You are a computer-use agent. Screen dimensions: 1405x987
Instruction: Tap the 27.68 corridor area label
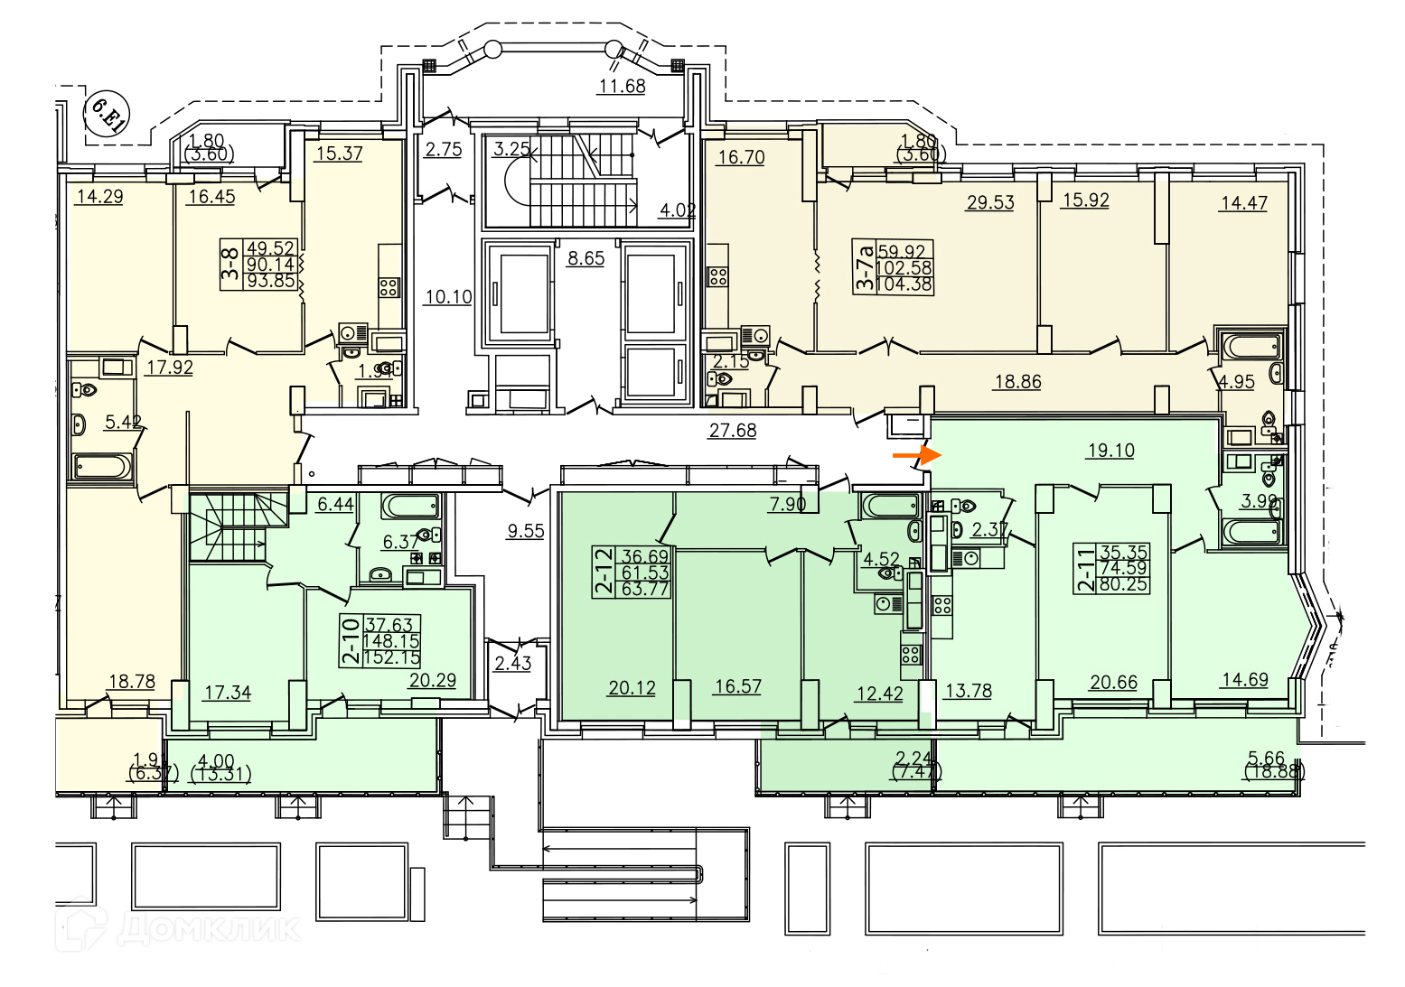pos(732,431)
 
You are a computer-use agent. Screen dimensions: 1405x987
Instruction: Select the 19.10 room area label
pos(1110,450)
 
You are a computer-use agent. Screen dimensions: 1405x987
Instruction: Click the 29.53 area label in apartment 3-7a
pos(990,202)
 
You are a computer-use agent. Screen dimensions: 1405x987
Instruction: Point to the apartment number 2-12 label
pos(603,572)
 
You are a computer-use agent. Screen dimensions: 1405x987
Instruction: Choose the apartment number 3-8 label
pos(231,264)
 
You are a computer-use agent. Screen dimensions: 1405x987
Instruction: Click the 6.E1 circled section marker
pos(108,114)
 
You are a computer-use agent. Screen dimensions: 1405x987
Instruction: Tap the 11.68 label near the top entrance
pos(622,87)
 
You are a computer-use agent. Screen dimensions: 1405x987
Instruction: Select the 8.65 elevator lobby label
pos(585,258)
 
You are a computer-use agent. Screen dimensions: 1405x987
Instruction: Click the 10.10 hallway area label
pos(448,296)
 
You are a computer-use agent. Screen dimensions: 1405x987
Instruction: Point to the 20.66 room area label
pos(1113,683)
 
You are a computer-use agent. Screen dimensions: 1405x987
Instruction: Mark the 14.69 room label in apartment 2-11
pos(1244,680)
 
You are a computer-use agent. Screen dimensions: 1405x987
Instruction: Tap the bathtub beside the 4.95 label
pos(1250,346)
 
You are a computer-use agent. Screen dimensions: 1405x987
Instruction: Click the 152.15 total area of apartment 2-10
pos(392,658)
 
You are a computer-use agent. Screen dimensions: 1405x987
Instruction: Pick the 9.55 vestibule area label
pos(526,531)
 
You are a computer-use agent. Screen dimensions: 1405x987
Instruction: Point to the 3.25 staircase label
pos(511,149)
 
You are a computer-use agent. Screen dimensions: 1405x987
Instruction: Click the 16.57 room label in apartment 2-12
pos(737,686)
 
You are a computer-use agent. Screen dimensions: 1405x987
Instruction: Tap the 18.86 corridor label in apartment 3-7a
pos(1017,382)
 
